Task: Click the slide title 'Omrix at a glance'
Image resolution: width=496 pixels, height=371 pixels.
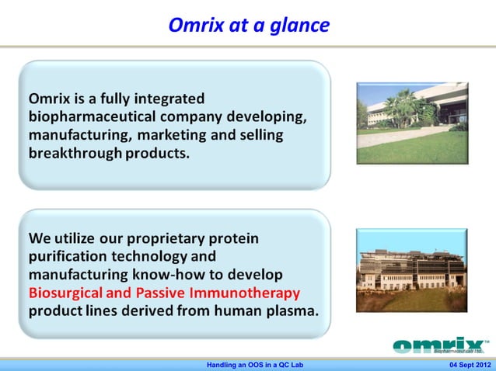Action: (249, 26)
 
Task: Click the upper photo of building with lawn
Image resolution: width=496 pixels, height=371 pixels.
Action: (412, 123)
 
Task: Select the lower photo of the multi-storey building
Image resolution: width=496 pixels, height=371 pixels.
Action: (412, 269)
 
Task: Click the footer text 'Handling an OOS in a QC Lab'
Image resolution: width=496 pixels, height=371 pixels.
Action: (249, 365)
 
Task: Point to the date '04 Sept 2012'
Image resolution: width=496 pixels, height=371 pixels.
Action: (469, 365)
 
